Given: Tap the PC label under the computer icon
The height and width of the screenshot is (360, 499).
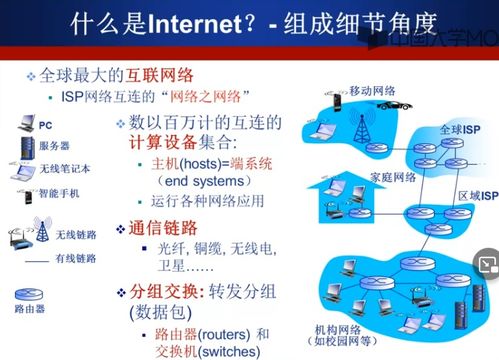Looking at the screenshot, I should click(45, 127).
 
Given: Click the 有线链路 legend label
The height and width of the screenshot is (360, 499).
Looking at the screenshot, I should click(73, 259).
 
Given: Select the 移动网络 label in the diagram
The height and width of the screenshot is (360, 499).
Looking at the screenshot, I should click(371, 90).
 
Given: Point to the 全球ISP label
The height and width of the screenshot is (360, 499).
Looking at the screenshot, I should click(459, 131).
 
